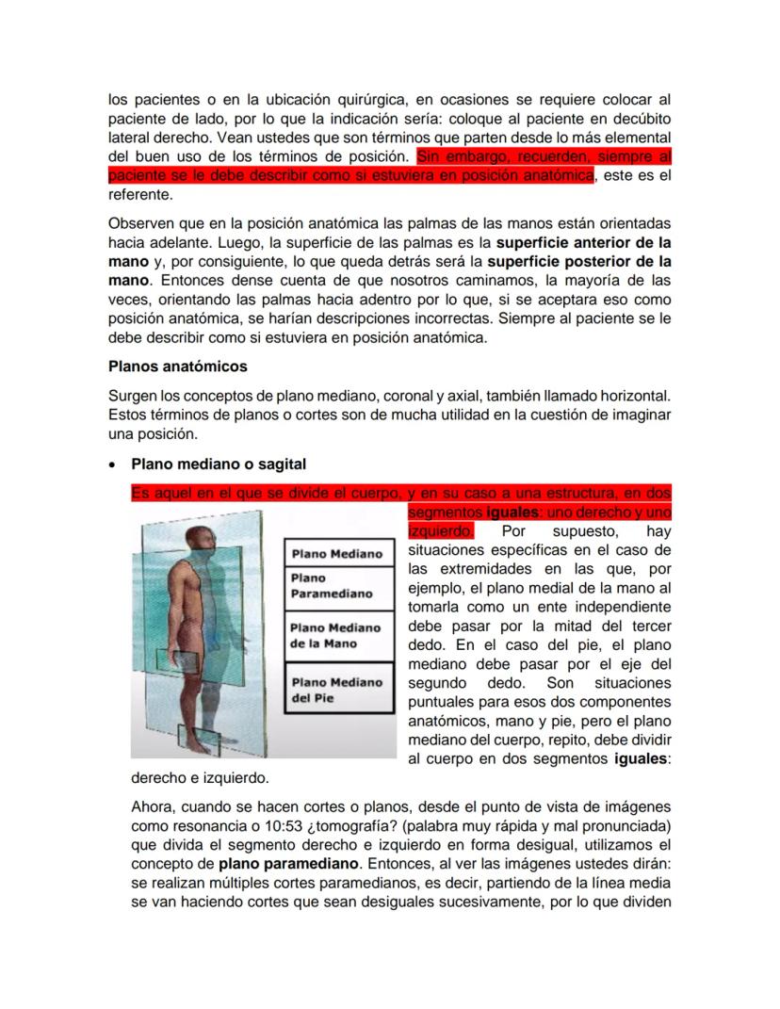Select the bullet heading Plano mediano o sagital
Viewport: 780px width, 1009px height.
pyautogui.click(x=218, y=464)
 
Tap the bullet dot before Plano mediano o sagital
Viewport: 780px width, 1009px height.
pyautogui.click(x=113, y=465)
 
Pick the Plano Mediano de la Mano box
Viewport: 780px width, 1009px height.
pyautogui.click(x=336, y=636)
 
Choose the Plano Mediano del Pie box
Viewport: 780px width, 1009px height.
pyautogui.click(x=336, y=691)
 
